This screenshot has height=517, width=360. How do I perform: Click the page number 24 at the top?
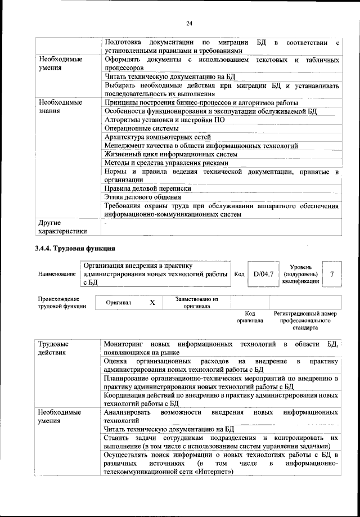click(189, 23)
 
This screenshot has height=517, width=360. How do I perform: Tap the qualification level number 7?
click(332, 274)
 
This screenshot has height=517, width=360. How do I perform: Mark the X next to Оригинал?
click(152, 302)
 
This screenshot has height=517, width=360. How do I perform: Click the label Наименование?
click(57, 274)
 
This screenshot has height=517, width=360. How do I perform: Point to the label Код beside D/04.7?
click(239, 274)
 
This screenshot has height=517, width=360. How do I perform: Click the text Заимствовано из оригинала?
click(196, 303)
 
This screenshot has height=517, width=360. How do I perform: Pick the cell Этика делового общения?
click(143, 197)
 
